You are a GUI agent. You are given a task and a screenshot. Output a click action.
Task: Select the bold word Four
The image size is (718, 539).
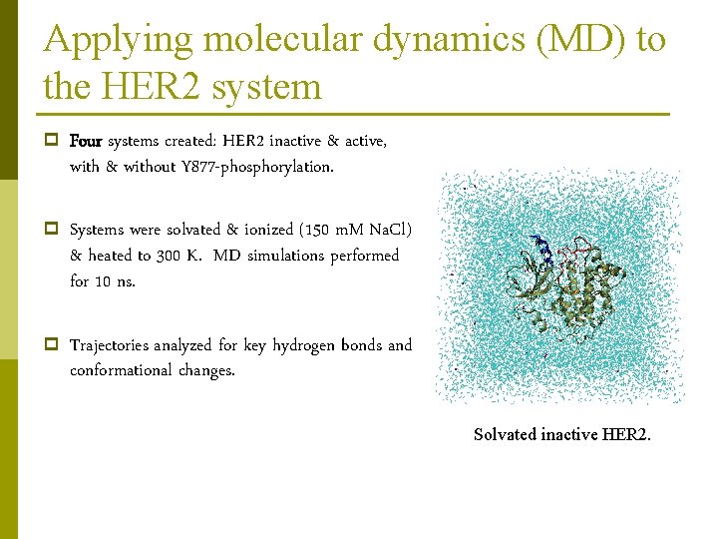(86, 141)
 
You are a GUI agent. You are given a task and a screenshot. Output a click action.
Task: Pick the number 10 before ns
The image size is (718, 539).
(104, 281)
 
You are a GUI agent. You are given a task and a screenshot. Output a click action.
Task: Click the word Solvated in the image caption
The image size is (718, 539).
(505, 434)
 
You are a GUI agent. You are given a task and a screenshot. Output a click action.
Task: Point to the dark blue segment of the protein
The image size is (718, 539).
(540, 246)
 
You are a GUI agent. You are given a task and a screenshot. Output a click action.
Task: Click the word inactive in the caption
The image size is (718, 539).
(571, 434)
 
